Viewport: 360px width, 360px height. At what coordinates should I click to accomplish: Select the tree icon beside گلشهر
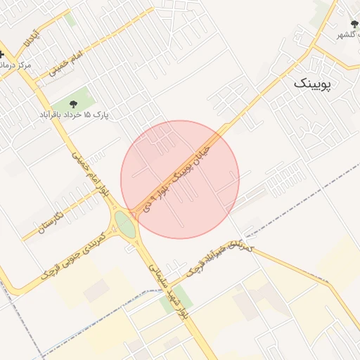pyautogui.click(x=353, y=24)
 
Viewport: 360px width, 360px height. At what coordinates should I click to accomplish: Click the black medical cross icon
pyautogui.click(x=4, y=53)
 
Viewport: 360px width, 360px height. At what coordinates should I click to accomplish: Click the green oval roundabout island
pyautogui.click(x=125, y=225)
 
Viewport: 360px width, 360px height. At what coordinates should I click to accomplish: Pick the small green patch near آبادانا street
pyautogui.click(x=70, y=19)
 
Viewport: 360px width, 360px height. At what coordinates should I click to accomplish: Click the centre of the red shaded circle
pyautogui.click(x=180, y=179)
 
